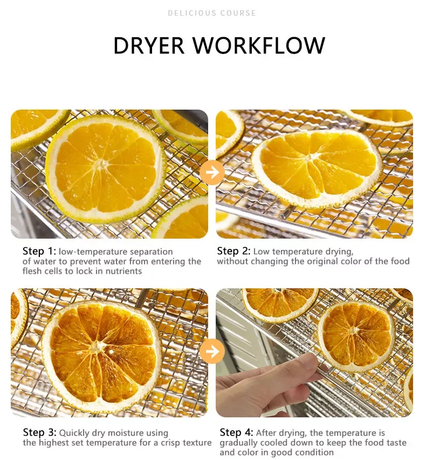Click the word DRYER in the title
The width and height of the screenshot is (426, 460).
(x=149, y=45)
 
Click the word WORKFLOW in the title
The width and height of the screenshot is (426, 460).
(x=259, y=45)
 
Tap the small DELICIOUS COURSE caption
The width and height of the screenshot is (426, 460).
(x=212, y=13)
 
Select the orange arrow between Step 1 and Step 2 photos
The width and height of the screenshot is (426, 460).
(x=212, y=172)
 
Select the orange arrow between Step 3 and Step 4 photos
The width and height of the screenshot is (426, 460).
(x=212, y=351)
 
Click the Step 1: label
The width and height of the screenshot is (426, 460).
(x=39, y=251)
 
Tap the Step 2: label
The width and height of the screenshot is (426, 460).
(x=234, y=251)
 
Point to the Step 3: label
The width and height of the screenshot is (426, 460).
(x=39, y=432)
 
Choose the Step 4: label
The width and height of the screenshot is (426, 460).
(x=236, y=432)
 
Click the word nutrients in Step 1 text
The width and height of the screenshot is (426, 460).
(x=123, y=271)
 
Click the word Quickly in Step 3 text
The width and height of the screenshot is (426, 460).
(x=74, y=433)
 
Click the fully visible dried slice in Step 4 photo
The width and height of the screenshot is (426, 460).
(x=356, y=336)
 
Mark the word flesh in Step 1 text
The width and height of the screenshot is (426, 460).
(x=31, y=271)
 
